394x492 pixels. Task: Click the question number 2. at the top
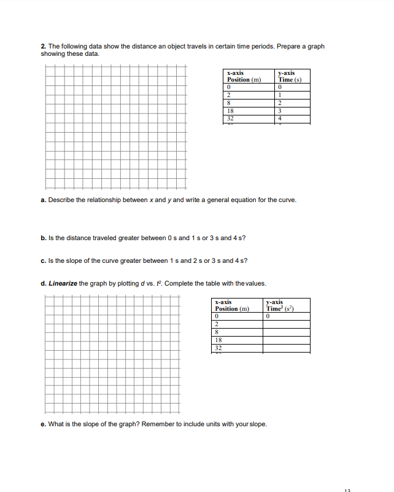click(44, 47)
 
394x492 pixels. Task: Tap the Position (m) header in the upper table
click(244, 79)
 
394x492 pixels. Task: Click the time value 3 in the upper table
click(280, 112)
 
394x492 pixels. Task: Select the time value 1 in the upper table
click(280, 95)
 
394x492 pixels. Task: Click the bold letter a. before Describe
click(44, 200)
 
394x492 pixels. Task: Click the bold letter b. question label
click(44, 238)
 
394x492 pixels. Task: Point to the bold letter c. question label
click(44, 260)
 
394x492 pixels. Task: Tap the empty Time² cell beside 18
click(286, 340)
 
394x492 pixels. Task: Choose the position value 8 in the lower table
click(217, 332)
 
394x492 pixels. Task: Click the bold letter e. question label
click(44, 424)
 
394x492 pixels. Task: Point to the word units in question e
click(220, 424)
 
